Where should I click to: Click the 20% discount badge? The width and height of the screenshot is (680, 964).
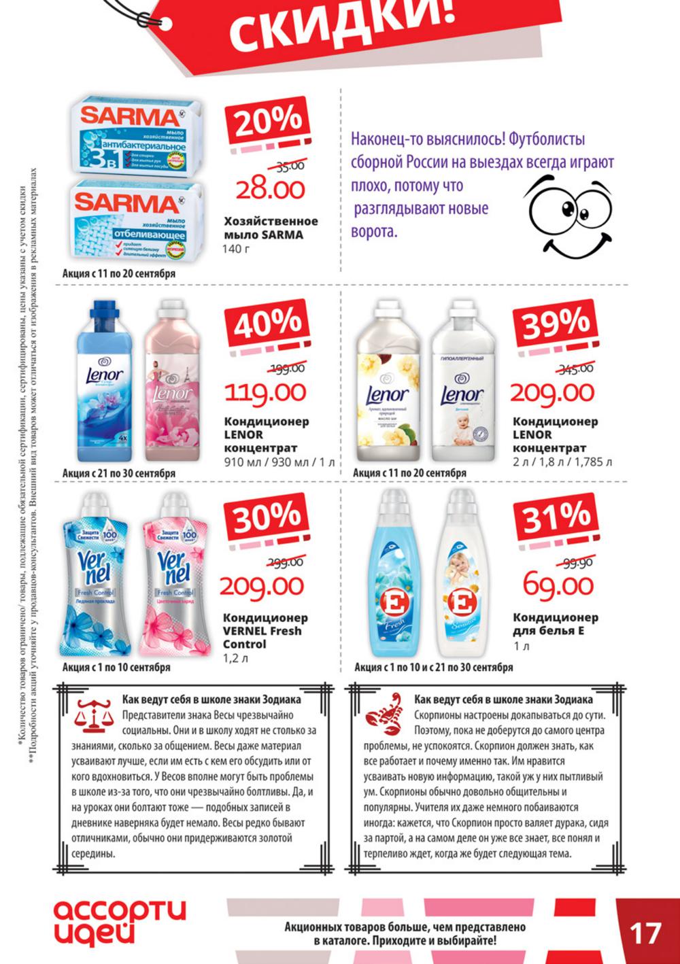coord(268,121)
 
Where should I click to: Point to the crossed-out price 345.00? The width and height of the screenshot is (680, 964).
coord(575,368)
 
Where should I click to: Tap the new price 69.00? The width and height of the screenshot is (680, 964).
coord(558,585)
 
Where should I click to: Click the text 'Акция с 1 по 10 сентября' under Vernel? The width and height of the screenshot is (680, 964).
coord(116,668)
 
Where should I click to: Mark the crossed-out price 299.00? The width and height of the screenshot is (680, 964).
coord(286,562)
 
